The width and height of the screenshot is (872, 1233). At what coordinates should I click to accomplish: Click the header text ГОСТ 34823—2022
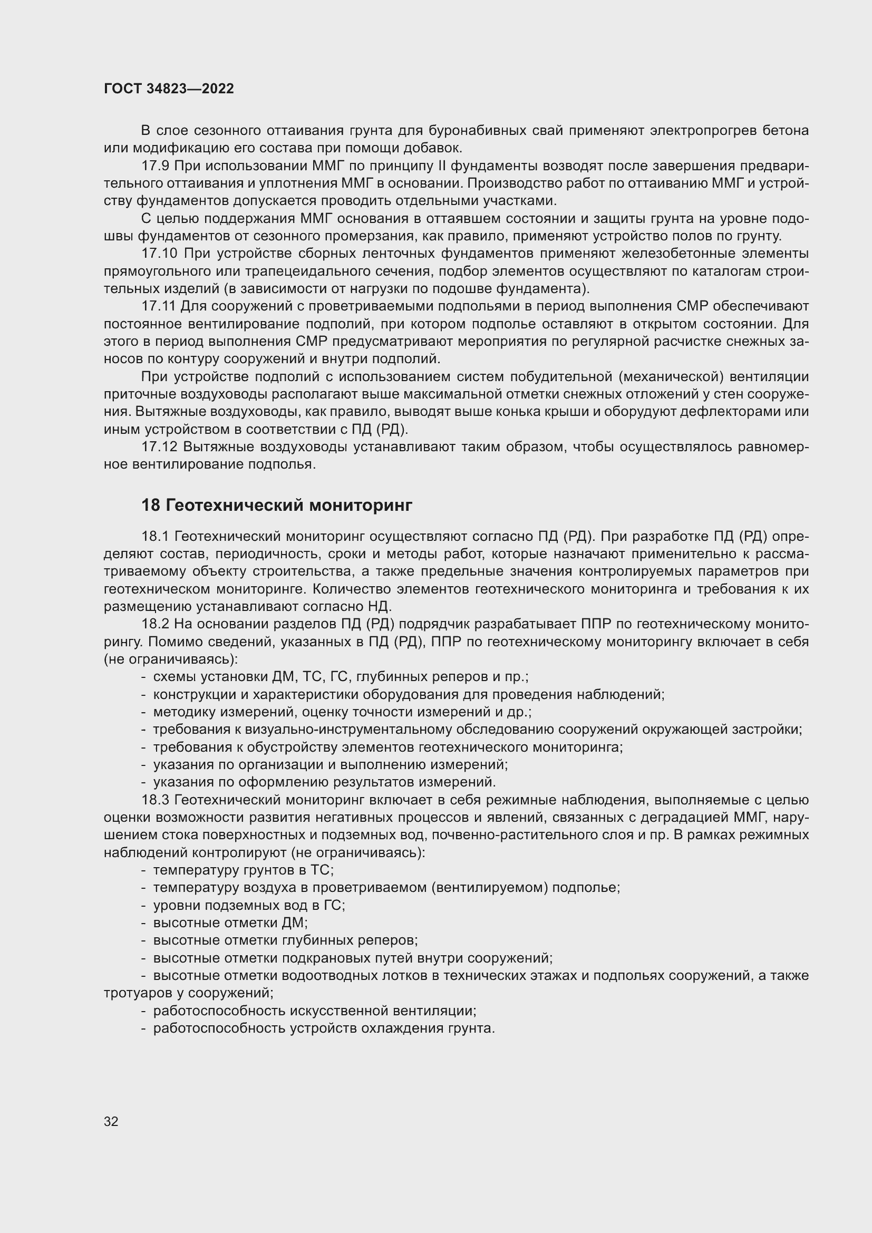pos(169,89)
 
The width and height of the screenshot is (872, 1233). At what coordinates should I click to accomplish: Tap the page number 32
pos(111,1121)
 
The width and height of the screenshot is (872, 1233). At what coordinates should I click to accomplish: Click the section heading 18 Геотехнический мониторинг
pos(277,505)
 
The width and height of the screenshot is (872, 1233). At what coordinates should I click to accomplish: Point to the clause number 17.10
pos(159,254)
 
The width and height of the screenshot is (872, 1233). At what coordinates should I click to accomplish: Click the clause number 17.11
pos(158,306)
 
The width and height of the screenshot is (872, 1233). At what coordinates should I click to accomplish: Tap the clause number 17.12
pos(158,447)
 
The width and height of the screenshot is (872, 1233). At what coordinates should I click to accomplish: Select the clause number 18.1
pos(155,536)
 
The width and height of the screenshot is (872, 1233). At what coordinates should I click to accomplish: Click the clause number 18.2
pos(155,624)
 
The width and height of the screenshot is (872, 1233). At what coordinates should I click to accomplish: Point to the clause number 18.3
pos(155,800)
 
